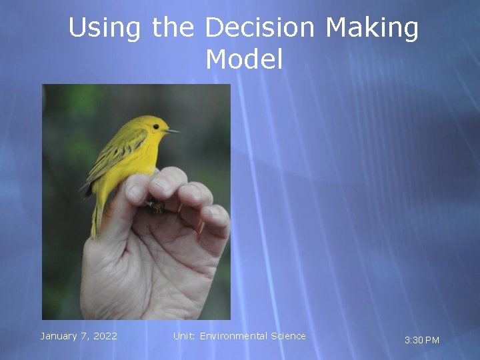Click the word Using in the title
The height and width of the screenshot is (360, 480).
(x=105, y=29)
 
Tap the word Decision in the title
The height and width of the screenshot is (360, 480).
(x=259, y=29)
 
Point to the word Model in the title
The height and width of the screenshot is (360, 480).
(x=244, y=59)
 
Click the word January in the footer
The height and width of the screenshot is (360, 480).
(x=58, y=336)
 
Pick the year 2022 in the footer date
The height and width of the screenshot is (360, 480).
(x=105, y=336)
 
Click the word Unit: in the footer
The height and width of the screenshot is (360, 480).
(x=184, y=336)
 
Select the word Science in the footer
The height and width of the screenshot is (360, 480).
(x=288, y=336)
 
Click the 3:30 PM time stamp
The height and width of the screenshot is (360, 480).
(x=422, y=340)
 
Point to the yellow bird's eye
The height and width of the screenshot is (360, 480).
(x=156, y=126)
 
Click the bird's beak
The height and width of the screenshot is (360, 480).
(x=173, y=131)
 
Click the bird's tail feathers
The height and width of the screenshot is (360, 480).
(x=96, y=217)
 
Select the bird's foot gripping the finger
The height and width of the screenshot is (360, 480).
(x=155, y=207)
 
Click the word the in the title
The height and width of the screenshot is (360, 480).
(x=173, y=29)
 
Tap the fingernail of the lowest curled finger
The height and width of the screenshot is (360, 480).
(x=215, y=215)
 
